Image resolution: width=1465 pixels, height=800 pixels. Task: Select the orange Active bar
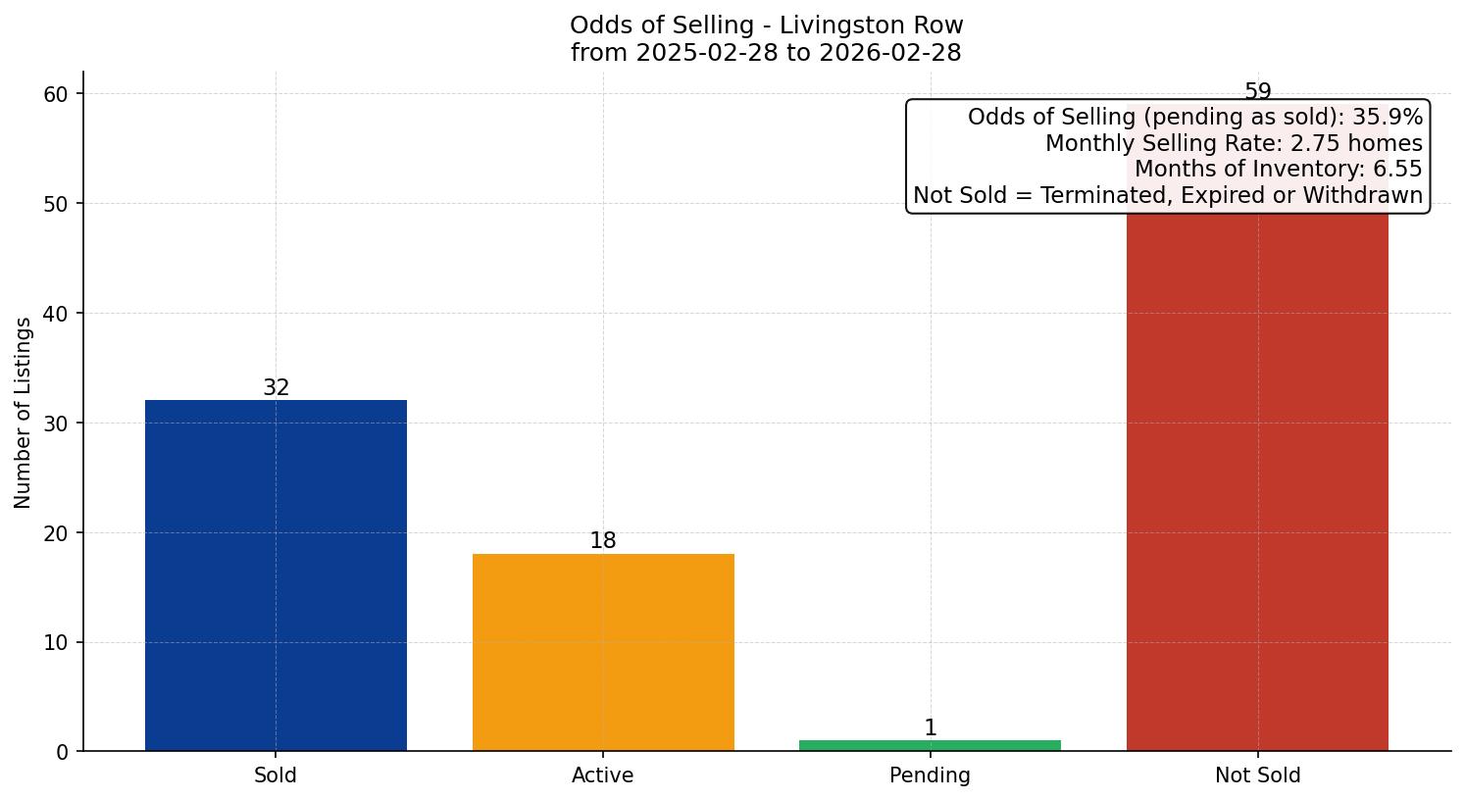(x=603, y=652)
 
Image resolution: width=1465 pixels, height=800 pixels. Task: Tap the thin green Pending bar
(x=930, y=745)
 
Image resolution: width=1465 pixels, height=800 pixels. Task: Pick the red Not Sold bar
(x=1257, y=480)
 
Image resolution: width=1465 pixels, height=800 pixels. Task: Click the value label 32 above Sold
(x=276, y=388)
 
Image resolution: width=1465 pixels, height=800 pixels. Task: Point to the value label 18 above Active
(x=603, y=541)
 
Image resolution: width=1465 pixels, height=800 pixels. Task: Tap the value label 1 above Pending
(x=930, y=728)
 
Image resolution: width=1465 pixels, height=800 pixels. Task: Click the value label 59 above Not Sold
(x=1257, y=92)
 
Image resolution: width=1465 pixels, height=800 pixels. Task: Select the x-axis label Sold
(x=276, y=775)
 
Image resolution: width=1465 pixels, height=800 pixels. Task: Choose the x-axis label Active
(x=603, y=775)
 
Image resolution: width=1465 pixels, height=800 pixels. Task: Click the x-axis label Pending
(x=930, y=775)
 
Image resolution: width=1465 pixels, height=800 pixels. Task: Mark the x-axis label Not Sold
(x=1257, y=775)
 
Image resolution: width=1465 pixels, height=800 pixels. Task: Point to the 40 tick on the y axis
(x=57, y=314)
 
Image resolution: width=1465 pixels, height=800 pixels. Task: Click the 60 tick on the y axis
(x=57, y=94)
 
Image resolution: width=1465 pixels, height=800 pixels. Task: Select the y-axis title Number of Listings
(x=24, y=413)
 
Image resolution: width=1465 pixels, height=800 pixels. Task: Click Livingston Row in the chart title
(x=871, y=25)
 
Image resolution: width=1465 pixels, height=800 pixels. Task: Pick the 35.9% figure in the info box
(x=1387, y=118)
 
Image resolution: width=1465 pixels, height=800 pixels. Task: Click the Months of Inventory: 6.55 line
(x=1278, y=169)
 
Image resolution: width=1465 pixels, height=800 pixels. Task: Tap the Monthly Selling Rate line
(x=1233, y=143)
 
